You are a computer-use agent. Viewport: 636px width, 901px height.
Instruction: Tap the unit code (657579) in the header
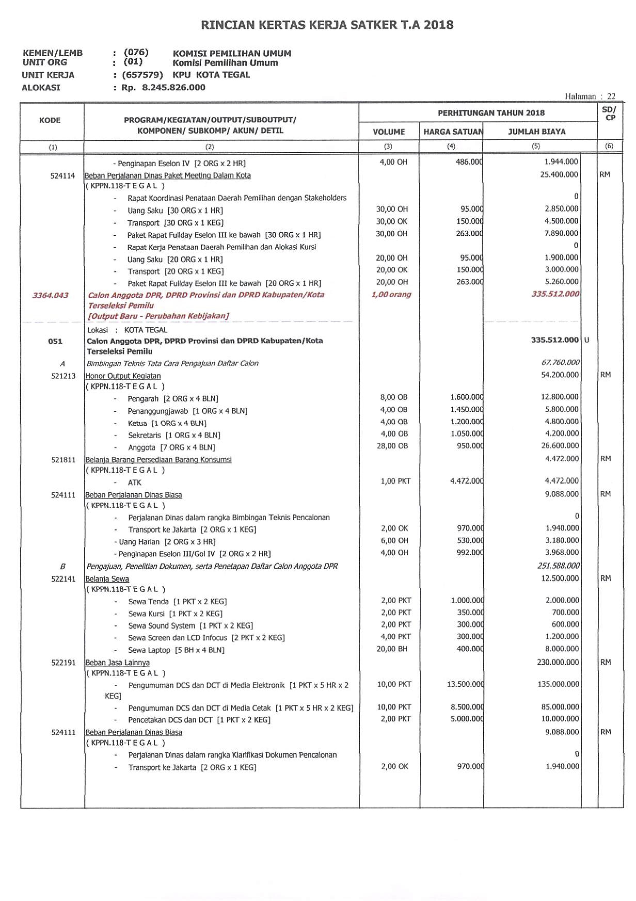(x=142, y=75)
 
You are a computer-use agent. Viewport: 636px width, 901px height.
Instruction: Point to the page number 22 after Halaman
(x=611, y=96)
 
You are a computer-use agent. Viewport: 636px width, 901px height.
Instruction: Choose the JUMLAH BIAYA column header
(x=536, y=132)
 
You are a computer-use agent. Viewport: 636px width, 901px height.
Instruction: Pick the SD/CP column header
(x=609, y=114)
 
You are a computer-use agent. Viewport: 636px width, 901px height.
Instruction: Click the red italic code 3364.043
(x=50, y=295)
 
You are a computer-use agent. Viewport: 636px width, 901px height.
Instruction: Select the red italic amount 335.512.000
(x=555, y=294)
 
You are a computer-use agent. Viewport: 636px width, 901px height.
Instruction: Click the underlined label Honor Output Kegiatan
(x=123, y=376)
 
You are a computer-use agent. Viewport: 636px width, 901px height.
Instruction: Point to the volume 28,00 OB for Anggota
(x=392, y=446)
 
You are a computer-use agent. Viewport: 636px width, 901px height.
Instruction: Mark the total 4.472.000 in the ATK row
(x=561, y=481)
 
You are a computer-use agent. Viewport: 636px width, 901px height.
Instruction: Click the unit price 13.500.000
(x=465, y=684)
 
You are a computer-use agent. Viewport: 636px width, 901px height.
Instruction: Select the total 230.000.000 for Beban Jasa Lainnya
(x=558, y=662)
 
